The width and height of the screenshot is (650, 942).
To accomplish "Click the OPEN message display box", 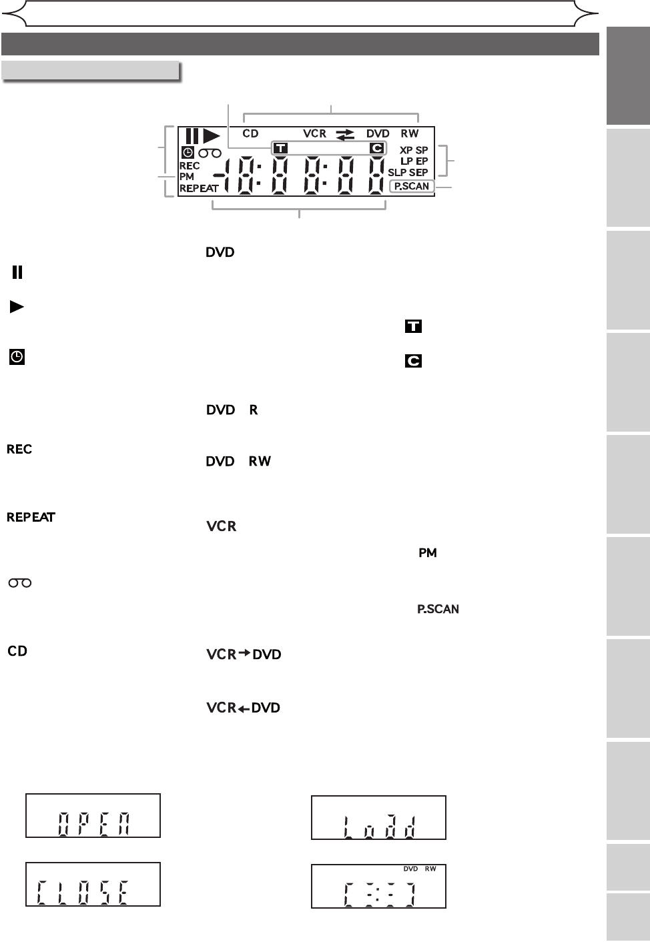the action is click(x=93, y=815).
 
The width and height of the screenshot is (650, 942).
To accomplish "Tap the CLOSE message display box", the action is click(x=93, y=884).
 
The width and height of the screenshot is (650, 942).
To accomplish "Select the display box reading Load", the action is click(x=378, y=817).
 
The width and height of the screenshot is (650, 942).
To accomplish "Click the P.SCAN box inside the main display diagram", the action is click(x=412, y=186).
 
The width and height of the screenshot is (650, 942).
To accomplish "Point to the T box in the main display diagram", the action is click(x=280, y=148).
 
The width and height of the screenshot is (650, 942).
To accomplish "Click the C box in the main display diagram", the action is click(x=377, y=148).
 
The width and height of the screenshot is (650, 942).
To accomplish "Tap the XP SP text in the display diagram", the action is click(x=414, y=150).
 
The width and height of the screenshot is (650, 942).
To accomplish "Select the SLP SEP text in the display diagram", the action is click(x=408, y=173).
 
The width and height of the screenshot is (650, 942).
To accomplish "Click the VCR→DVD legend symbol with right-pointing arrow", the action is click(x=244, y=654).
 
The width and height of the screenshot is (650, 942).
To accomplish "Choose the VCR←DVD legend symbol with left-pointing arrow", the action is click(x=243, y=708).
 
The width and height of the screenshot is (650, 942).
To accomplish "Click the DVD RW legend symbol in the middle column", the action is click(x=238, y=462).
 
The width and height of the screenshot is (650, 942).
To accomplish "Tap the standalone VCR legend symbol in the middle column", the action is click(x=222, y=526).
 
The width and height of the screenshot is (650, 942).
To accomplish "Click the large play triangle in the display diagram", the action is click(x=212, y=135).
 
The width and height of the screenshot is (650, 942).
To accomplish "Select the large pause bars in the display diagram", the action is click(x=192, y=135).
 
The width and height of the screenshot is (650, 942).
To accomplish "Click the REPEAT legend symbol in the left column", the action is click(x=31, y=517).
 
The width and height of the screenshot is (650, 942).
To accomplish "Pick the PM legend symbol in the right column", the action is click(x=427, y=553).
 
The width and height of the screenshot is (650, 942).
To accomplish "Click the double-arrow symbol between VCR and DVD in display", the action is click(x=346, y=134).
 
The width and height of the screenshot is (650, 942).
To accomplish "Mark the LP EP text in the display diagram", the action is click(x=414, y=161).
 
